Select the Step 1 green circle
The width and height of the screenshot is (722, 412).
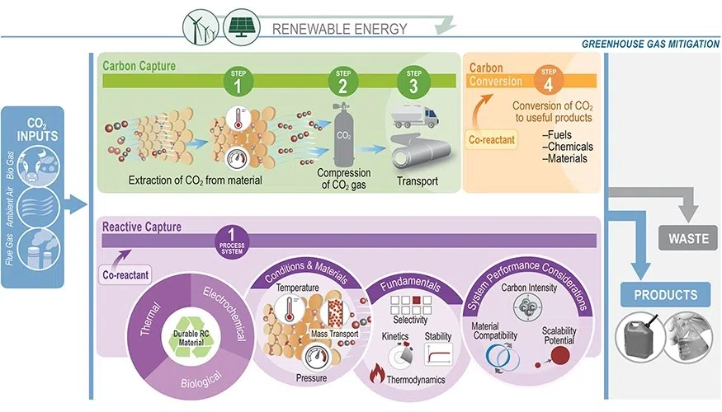236,83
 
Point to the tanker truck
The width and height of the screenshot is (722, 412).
414,114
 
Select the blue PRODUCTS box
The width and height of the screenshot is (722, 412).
665,294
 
